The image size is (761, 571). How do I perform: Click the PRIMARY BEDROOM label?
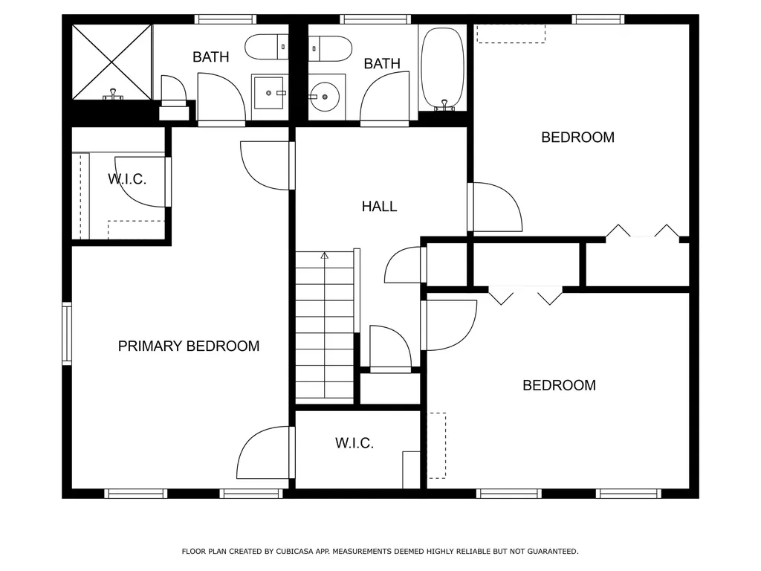tap(189, 346)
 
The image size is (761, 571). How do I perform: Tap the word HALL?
tap(379, 207)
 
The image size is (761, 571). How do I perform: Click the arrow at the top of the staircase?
tap(324, 256)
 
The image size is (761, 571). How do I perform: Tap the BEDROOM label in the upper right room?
tap(577, 137)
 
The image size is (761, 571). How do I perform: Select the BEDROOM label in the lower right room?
tap(559, 385)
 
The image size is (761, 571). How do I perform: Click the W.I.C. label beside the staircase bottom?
tap(354, 443)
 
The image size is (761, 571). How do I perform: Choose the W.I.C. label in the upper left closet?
tap(126, 179)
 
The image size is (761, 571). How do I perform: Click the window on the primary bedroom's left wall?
tap(67, 333)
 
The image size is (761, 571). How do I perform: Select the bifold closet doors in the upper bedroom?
tap(643, 232)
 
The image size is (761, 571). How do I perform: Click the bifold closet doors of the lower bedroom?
tap(525, 295)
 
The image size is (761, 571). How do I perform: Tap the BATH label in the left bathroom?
tap(211, 57)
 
